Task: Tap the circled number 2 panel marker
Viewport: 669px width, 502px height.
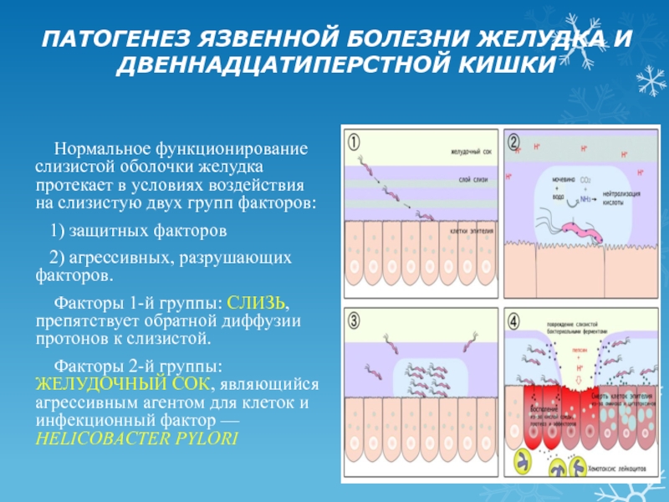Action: tap(512, 142)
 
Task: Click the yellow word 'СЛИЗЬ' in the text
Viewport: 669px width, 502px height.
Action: tap(260, 301)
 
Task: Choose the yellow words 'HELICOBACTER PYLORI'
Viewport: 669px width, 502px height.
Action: tap(137, 438)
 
